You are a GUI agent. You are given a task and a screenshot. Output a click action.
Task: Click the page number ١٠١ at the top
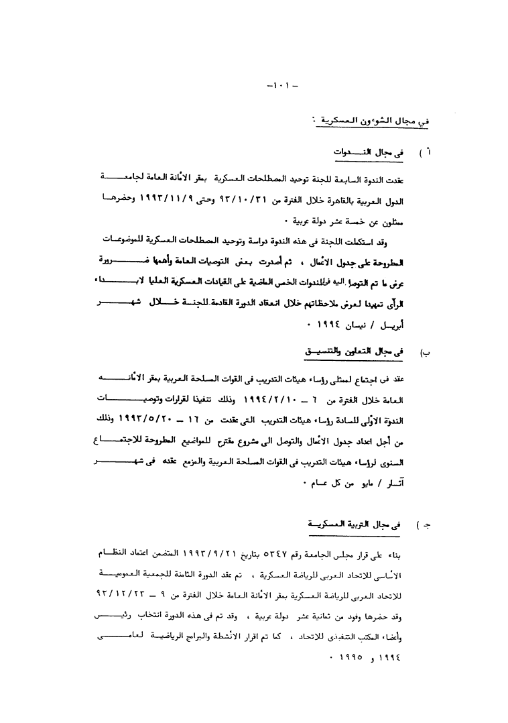tap(277, 86)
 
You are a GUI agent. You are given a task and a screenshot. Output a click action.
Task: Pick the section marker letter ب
tap(425, 351)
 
